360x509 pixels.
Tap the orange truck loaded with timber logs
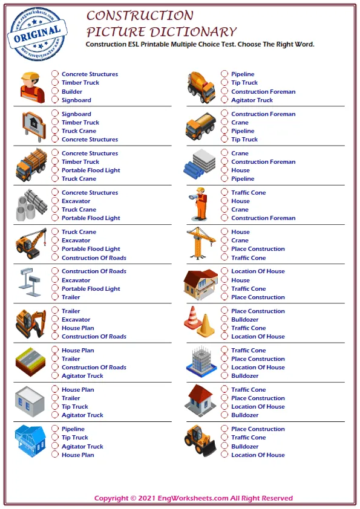click(31, 165)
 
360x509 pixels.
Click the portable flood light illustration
click(31, 280)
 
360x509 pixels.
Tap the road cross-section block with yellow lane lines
click(31, 362)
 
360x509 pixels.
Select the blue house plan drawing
click(30, 441)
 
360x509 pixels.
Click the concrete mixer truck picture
click(201, 86)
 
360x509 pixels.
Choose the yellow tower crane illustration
click(201, 243)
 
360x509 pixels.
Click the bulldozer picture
click(200, 440)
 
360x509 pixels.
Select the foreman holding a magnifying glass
click(200, 204)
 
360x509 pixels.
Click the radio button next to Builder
click(54, 92)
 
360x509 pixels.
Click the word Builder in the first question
click(72, 92)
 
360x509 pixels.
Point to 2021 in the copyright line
click(148, 499)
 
